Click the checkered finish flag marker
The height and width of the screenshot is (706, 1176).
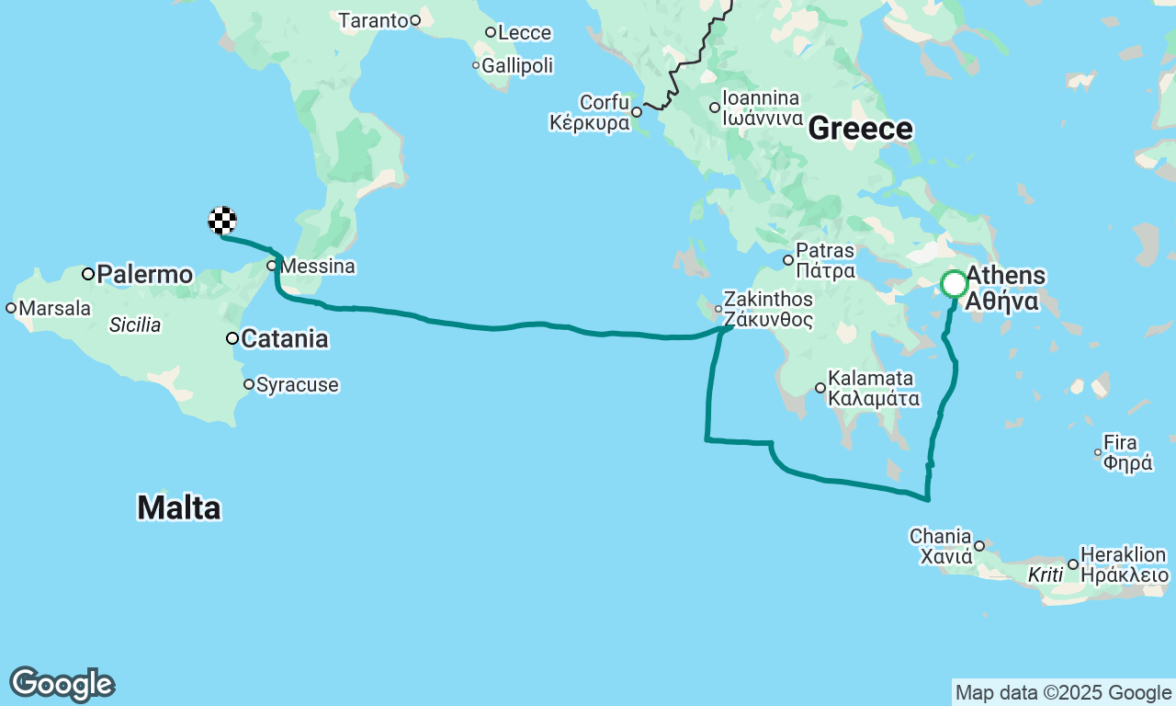tap(222, 221)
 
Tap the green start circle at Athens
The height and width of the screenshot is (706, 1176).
tap(955, 284)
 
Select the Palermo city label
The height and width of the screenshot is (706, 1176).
tap(144, 274)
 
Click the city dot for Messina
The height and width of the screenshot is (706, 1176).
tap(272, 266)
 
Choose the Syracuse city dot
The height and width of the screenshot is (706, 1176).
tap(249, 384)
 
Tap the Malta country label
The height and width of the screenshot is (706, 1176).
tap(179, 507)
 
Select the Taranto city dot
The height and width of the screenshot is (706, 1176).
tap(415, 20)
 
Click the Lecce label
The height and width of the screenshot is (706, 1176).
tap(525, 33)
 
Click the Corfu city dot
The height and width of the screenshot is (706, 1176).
tap(636, 112)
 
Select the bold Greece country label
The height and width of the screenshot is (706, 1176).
tap(861, 130)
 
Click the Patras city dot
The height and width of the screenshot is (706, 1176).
tap(788, 260)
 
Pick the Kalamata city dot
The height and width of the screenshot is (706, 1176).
tap(820, 388)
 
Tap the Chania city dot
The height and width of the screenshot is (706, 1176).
tap(979, 546)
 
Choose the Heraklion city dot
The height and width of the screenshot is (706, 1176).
tap(1073, 564)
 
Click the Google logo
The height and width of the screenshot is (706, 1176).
tap(62, 685)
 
